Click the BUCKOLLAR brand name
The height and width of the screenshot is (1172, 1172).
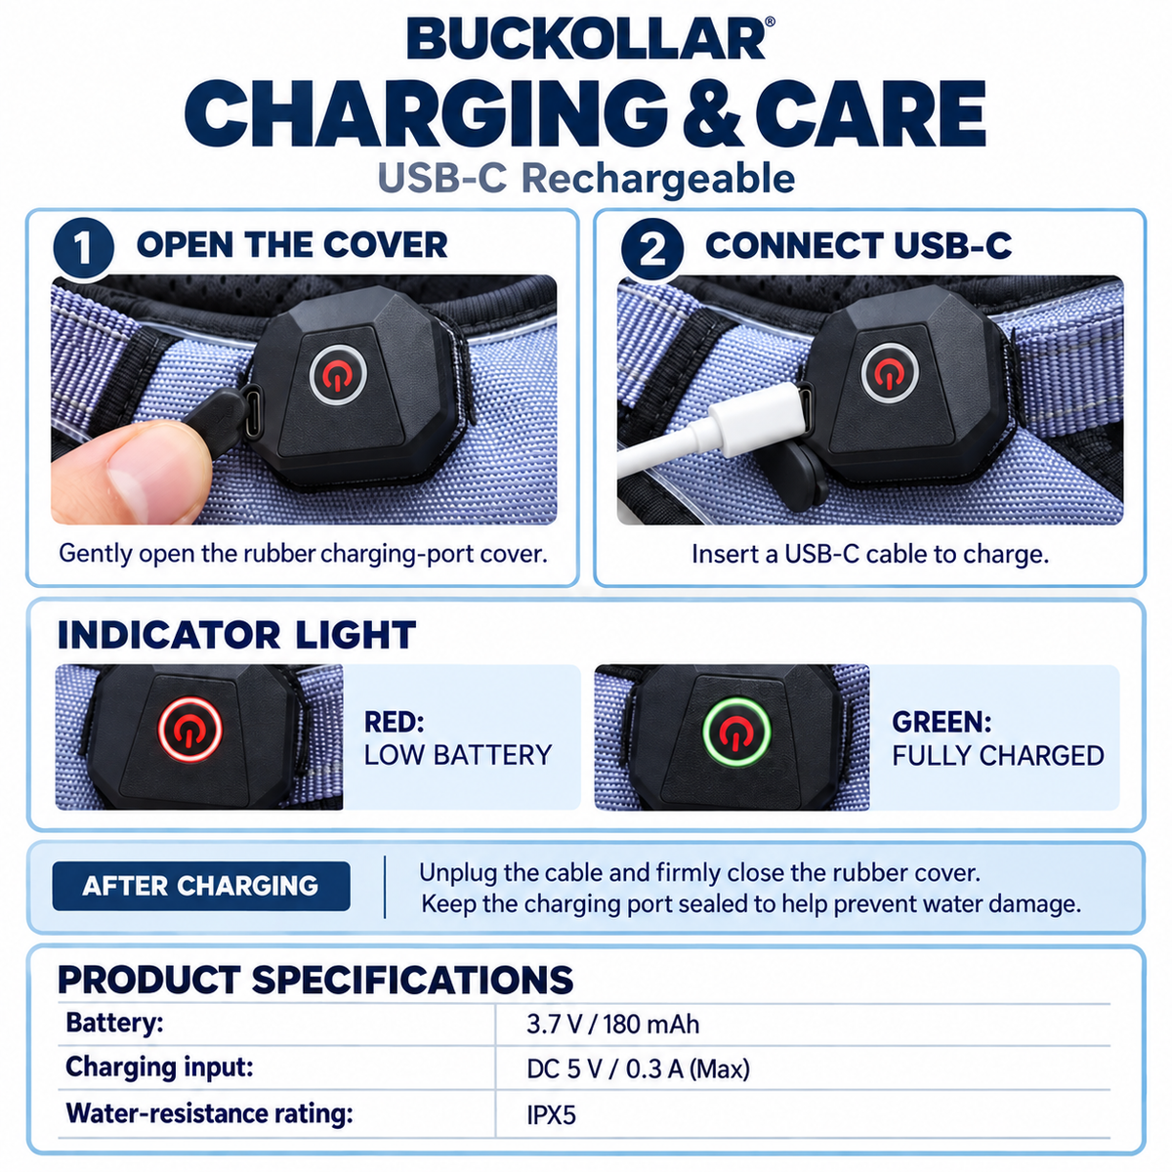(586, 39)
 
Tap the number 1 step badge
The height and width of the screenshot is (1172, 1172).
(83, 248)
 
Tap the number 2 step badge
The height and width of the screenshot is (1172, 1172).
(652, 248)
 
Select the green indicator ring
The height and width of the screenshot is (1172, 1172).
(736, 731)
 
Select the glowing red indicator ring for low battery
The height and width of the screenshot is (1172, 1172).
(189, 730)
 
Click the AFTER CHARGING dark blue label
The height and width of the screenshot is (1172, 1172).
(201, 886)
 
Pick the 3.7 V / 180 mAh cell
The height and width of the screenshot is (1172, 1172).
(613, 1025)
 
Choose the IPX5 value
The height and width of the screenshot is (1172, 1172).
(551, 1114)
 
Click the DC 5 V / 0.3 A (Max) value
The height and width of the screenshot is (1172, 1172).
(638, 1069)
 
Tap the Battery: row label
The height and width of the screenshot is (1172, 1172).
(115, 1023)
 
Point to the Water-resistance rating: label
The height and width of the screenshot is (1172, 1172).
(209, 1113)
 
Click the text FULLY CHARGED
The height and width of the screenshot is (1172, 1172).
(998, 756)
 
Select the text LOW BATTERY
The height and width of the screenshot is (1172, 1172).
(458, 755)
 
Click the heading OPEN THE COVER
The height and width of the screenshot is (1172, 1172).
(292, 245)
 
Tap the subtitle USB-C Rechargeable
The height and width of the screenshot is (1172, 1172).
(586, 179)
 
